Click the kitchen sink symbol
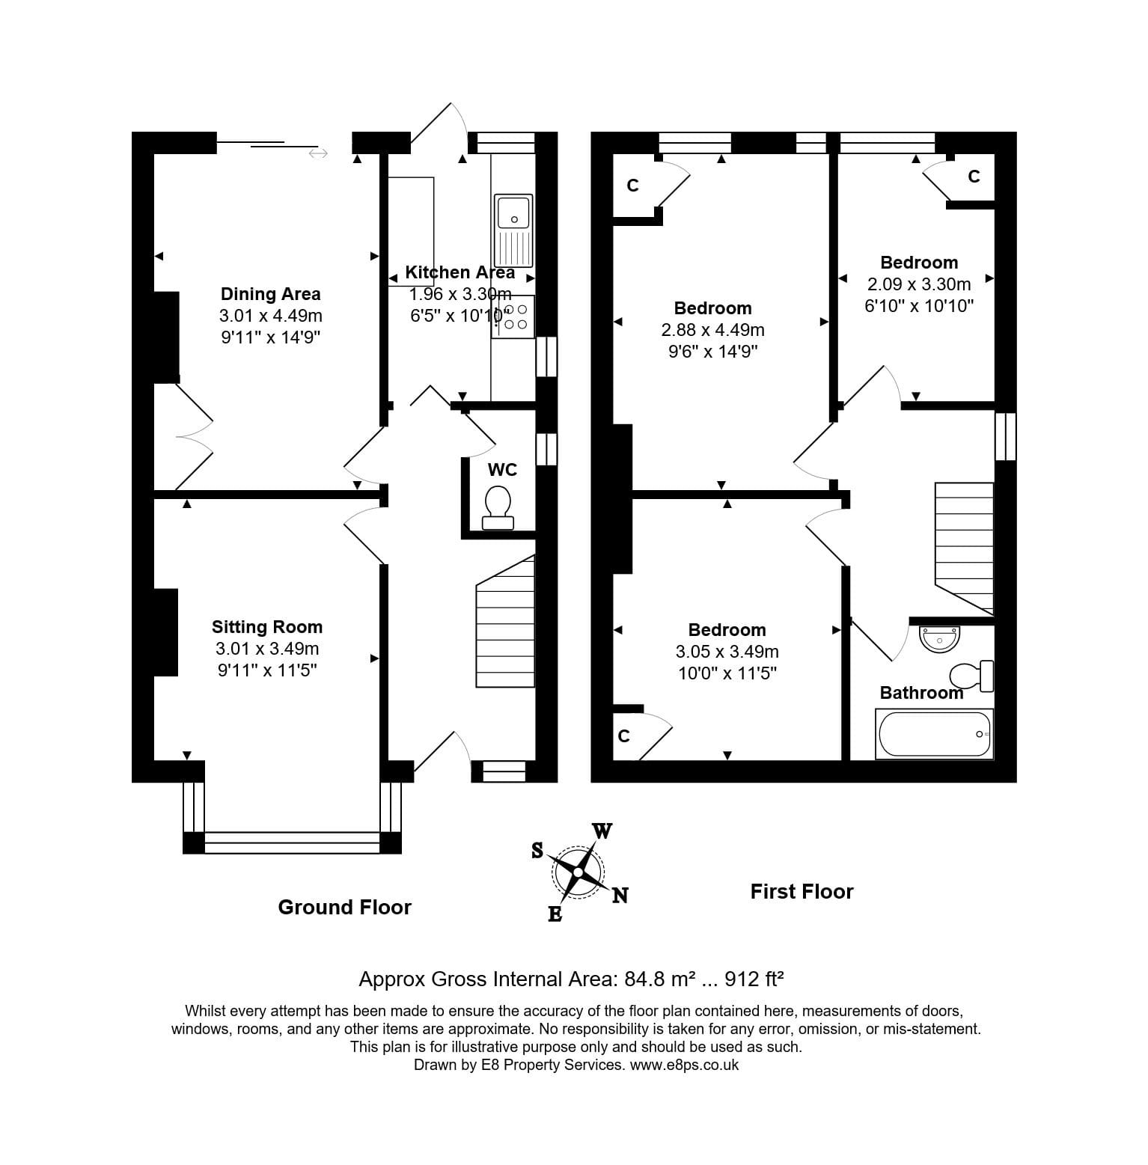pos(513,230)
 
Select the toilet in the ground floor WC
pos(498,507)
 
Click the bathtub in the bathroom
pos(934,734)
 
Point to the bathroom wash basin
pos(939,638)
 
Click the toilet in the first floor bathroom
pos(971,676)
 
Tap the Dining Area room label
pos(270,294)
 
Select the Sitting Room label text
pos(266,627)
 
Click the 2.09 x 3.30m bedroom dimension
pos(918,284)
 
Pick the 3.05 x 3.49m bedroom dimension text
pos(727,652)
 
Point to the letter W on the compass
pos(602,831)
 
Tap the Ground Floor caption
pos(344,907)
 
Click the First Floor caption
pos(802,891)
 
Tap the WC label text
pos(502,470)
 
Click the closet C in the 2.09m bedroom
pos(974,177)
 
